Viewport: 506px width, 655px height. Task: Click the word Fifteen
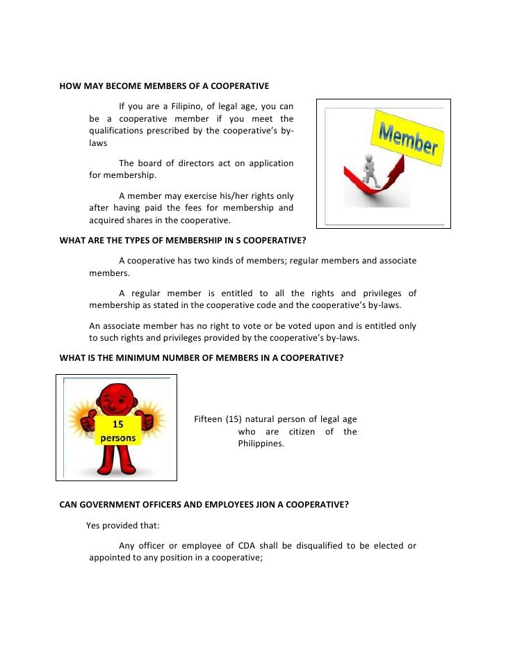208,419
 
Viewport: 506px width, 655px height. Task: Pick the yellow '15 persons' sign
117,430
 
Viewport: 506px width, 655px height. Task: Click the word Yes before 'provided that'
93,525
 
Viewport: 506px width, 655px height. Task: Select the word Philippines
261,444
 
